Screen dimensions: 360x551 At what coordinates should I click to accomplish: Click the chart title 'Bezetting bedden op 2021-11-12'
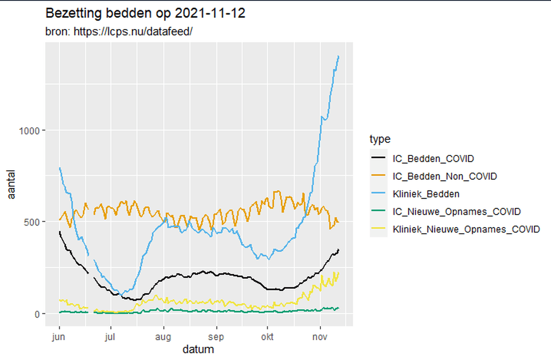pos(145,14)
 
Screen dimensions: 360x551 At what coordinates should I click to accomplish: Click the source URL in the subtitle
pos(133,32)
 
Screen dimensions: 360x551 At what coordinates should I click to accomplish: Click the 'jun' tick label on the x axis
pos(59,337)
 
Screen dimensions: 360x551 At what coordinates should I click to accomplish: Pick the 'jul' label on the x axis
pos(111,337)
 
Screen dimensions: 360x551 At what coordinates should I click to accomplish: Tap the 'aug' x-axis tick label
pos(163,337)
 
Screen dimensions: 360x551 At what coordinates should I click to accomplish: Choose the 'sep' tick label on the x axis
pos(216,337)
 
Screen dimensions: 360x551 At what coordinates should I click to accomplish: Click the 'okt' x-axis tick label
pos(267,337)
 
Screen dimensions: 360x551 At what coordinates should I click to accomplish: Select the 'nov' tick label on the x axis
pos(320,337)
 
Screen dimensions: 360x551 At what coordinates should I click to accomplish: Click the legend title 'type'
pos(380,139)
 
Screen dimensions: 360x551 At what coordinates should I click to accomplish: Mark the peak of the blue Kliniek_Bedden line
pos(339,56)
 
